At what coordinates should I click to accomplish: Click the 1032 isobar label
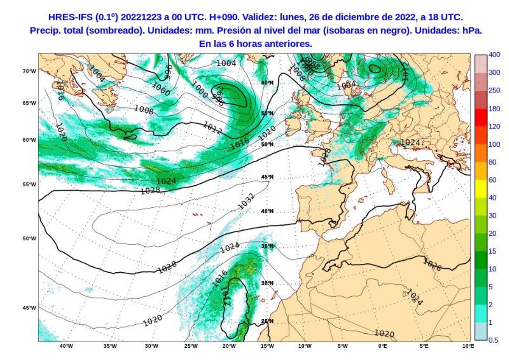click(246, 201)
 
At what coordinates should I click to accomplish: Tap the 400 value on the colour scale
click(494, 55)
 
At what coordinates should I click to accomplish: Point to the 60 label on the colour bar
click(492, 180)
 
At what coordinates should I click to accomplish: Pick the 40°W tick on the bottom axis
click(66, 346)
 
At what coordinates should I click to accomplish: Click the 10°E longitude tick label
click(468, 346)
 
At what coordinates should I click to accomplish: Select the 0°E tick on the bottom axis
click(382, 346)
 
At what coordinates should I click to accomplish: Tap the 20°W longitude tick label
click(229, 346)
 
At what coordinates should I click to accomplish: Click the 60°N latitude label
click(267, 83)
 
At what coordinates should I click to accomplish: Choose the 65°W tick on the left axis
click(29, 103)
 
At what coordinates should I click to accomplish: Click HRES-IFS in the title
click(67, 17)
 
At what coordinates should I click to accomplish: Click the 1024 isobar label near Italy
click(410, 142)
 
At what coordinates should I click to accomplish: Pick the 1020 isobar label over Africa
click(384, 334)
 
